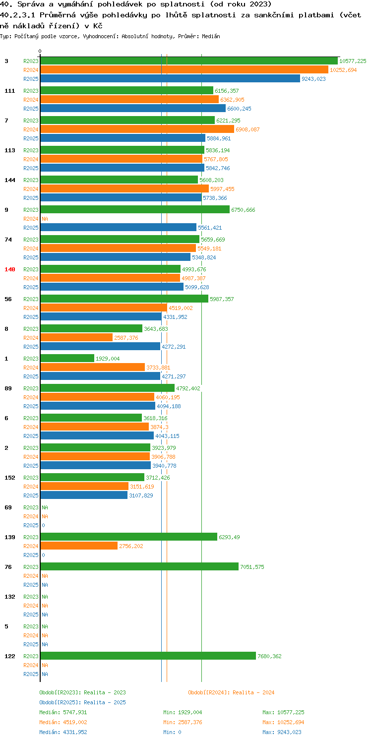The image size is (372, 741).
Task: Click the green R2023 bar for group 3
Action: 189,61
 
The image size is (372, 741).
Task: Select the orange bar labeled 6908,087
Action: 137,129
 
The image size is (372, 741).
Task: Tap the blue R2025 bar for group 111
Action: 133,109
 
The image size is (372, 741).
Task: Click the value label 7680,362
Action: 269,656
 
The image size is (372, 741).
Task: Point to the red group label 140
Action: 10,269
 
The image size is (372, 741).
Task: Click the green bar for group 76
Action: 139,567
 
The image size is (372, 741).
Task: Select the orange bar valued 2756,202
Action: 79,546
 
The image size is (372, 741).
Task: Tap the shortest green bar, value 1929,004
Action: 67,359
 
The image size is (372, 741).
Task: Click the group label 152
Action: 10,478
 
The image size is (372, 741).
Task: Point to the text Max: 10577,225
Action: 283,713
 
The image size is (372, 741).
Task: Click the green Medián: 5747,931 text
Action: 63,713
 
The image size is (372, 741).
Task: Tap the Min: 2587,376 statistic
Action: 183,723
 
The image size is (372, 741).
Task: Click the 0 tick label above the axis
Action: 40,51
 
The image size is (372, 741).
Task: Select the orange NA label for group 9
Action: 45,219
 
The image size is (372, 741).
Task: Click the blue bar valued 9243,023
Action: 170,79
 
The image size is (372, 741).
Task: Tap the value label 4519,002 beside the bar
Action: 181,308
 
